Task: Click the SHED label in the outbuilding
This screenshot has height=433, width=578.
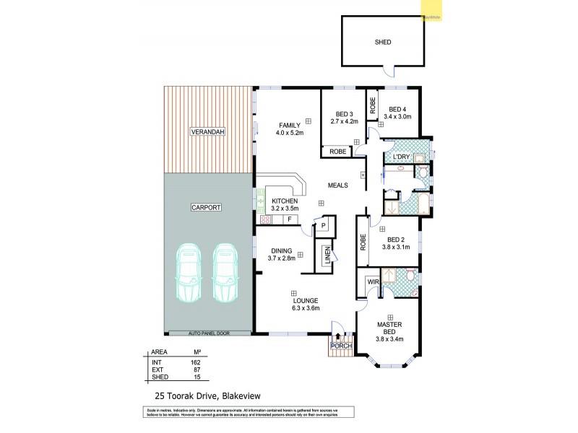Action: (383, 43)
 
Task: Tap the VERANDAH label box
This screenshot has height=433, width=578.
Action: (208, 132)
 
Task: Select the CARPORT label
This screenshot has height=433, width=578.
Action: (205, 207)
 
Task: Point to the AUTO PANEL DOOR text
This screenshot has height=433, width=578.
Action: (209, 333)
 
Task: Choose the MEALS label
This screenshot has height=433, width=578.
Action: (337, 185)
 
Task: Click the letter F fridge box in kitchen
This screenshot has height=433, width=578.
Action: (289, 219)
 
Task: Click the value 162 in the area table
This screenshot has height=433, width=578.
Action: (195, 362)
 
